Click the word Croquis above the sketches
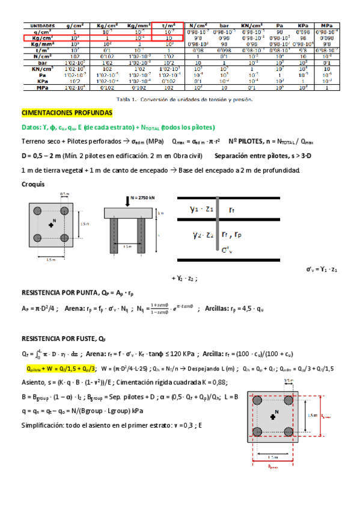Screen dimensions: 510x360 point(32,184)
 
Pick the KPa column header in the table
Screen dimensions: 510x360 point(303,25)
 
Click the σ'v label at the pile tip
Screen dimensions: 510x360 point(227,250)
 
